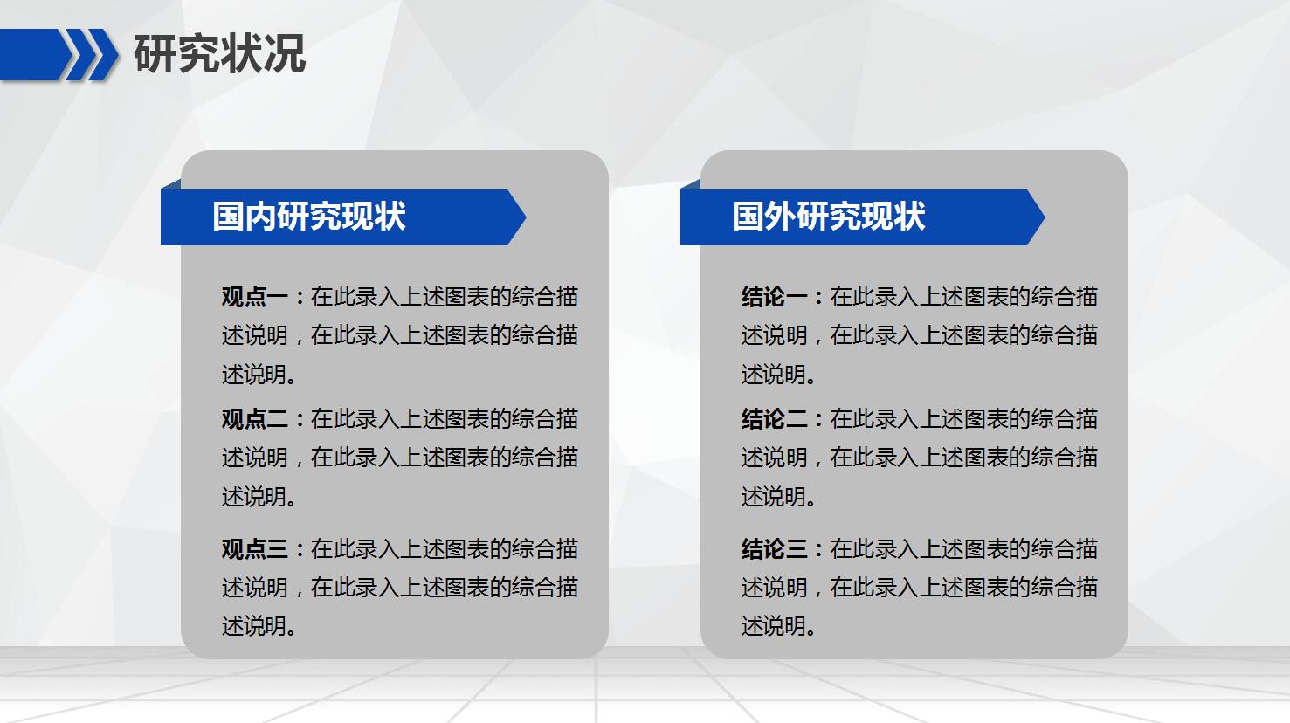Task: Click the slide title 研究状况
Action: pos(219,54)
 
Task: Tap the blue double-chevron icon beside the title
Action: pos(92,54)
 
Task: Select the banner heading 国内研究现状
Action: pos(309,217)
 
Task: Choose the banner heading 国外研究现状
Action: pos(828,217)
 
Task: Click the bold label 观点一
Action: pos(254,297)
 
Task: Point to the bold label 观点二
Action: pos(254,419)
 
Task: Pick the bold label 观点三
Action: pos(254,549)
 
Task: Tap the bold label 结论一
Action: pos(774,297)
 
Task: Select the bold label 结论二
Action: pos(774,419)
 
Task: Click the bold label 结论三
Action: pos(774,549)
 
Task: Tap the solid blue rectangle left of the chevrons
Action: pos(31,54)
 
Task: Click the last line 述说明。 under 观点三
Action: pos(259,626)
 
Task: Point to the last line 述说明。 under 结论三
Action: pos(779,626)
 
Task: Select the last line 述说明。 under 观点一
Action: pos(259,375)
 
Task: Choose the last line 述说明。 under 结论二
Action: pos(779,497)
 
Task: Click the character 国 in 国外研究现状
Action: pos(748,217)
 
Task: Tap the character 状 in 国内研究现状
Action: pos(390,217)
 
